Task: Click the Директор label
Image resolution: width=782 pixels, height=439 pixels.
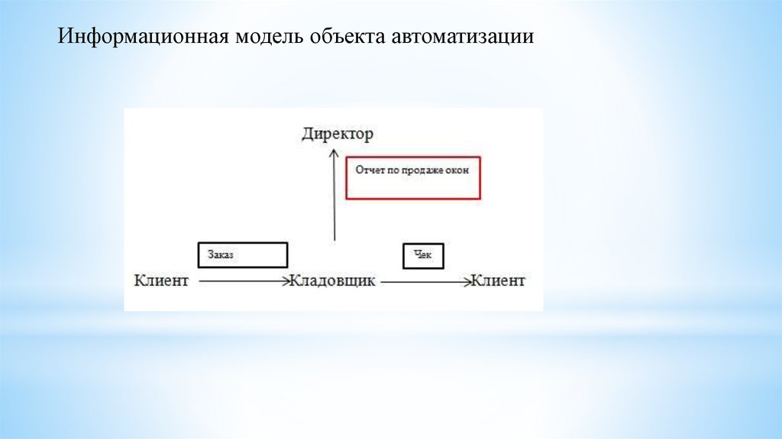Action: click(338, 135)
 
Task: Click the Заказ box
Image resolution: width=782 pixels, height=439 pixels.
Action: click(242, 255)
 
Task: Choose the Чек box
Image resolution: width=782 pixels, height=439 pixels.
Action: click(423, 255)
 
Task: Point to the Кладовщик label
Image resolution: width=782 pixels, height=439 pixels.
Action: click(333, 281)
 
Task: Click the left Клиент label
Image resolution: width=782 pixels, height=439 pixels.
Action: click(161, 281)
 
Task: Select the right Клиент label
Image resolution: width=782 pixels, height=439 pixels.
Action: click(498, 281)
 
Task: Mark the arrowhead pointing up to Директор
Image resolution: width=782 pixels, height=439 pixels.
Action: click(333, 152)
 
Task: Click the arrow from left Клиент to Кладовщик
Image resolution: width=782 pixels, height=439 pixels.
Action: click(241, 281)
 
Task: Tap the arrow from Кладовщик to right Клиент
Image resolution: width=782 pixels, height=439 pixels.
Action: click(424, 281)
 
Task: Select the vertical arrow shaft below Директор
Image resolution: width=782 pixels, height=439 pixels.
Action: click(333, 199)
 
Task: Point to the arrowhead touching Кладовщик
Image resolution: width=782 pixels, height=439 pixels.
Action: click(286, 281)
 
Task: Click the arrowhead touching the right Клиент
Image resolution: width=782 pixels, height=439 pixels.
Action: click(467, 281)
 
